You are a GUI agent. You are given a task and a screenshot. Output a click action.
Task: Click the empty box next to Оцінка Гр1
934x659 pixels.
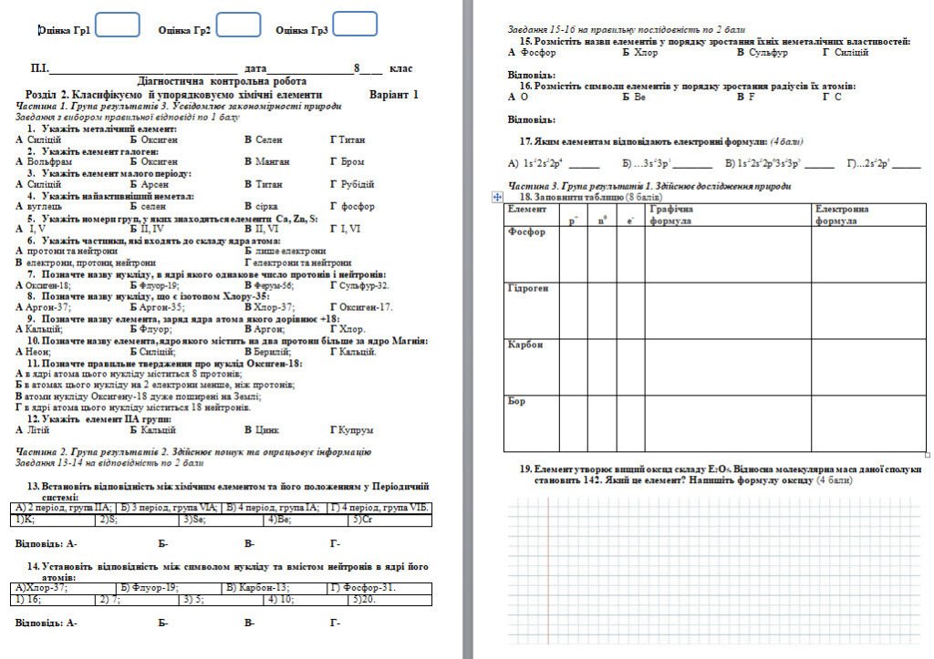118,24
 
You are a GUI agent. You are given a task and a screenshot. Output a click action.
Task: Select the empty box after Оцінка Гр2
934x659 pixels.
238,24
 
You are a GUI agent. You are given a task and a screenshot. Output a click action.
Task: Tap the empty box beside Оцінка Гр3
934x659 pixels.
355,24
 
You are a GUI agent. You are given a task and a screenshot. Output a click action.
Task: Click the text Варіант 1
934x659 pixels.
394,94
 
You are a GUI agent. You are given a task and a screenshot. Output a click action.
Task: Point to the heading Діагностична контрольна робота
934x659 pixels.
222,81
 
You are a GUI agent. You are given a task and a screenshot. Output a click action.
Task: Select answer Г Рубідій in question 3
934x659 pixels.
351,184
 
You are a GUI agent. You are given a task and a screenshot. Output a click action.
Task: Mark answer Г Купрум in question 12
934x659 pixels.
351,430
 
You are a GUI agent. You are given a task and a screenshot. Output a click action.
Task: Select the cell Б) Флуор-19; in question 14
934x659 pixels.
146,588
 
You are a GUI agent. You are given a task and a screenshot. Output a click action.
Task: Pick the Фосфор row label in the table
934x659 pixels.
526,232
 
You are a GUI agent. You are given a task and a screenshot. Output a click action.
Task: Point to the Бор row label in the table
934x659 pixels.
516,401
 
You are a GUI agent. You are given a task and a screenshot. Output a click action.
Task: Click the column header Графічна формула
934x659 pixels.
671,215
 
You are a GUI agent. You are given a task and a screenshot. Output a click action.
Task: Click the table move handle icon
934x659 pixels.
497,196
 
